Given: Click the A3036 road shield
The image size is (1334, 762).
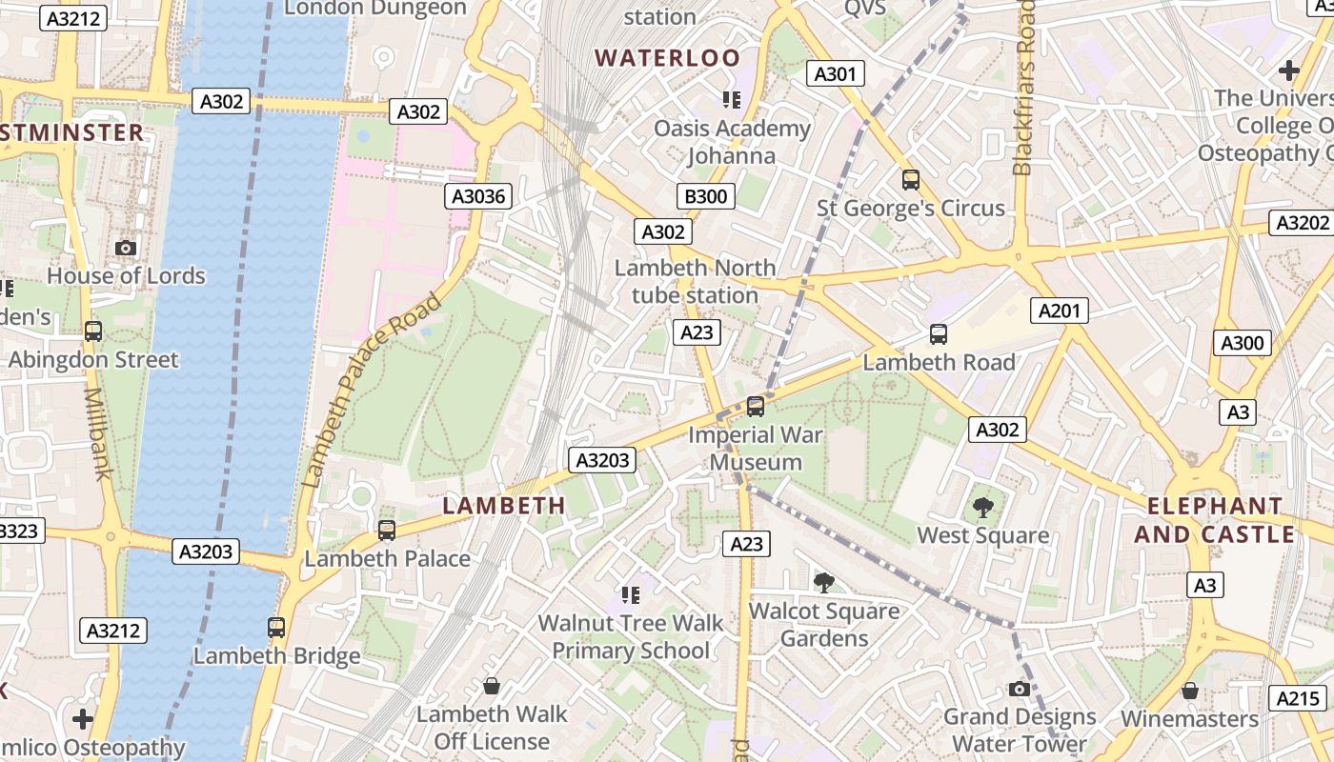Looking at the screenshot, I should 478,197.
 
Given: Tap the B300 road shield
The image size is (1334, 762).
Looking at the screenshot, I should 706,197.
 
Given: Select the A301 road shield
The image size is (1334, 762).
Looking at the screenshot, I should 835,73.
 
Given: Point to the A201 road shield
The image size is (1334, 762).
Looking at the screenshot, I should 1059,311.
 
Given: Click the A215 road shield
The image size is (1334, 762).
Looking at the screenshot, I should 1298,698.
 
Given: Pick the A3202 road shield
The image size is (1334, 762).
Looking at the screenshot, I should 1302,223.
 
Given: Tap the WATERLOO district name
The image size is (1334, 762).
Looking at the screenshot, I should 667,58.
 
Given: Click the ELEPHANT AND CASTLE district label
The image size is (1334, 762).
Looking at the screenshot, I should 1214,520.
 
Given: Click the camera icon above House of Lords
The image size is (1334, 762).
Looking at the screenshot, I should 125,248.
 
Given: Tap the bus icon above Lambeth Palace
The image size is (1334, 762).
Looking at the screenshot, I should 387,531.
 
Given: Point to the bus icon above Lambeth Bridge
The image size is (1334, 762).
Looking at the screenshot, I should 276,628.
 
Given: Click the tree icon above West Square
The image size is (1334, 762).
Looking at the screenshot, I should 982,508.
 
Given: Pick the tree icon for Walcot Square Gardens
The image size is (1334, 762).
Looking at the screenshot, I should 823,582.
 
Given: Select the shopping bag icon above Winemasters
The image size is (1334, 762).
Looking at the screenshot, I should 1189,691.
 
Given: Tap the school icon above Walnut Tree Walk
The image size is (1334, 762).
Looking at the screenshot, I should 630,595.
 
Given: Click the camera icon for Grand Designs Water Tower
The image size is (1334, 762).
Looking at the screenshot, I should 1020,689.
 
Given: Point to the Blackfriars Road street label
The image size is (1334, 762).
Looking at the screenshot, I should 1023,88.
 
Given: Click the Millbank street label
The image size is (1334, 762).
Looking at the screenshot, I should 96,432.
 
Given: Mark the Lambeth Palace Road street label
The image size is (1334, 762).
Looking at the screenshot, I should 372,391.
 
